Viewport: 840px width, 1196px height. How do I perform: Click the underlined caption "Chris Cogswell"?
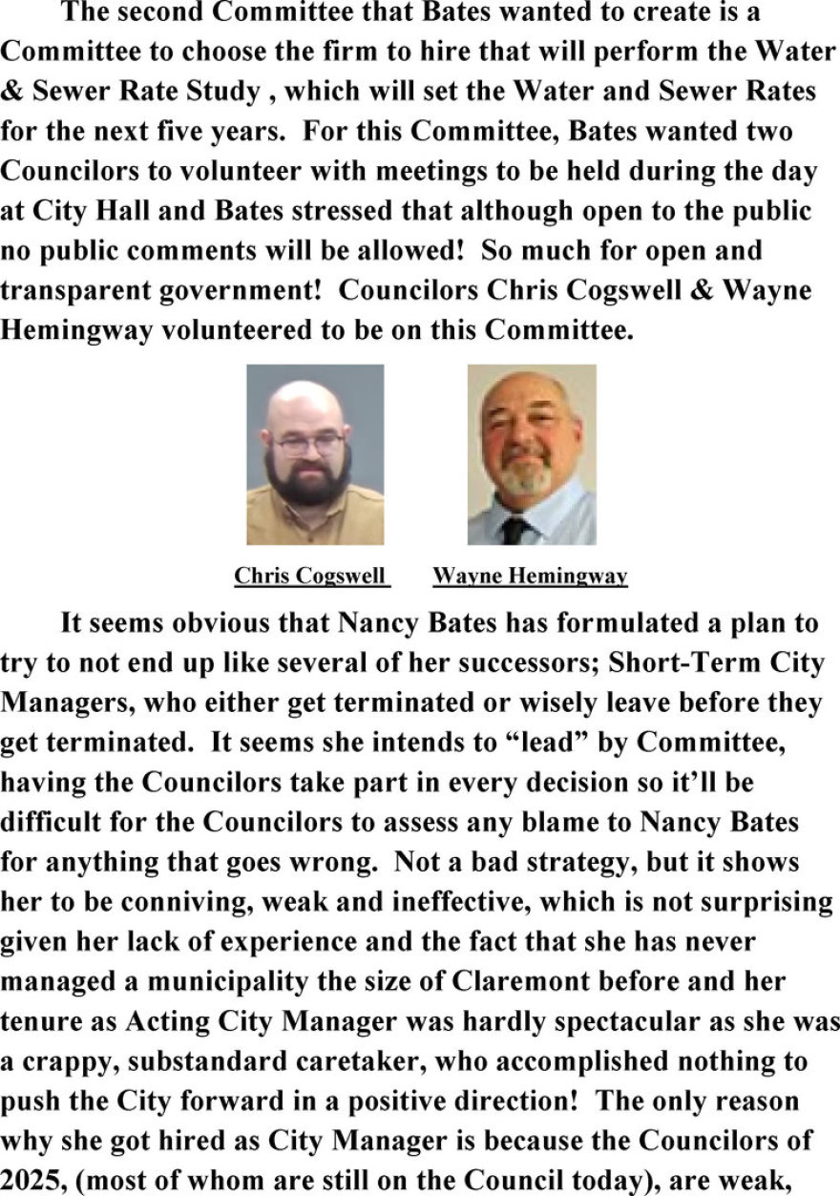click(x=311, y=577)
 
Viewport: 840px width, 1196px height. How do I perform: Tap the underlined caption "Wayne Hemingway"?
click(x=530, y=577)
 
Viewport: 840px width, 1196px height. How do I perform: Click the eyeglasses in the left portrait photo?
click(x=307, y=445)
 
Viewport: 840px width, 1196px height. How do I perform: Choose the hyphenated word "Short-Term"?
click(x=654, y=663)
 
